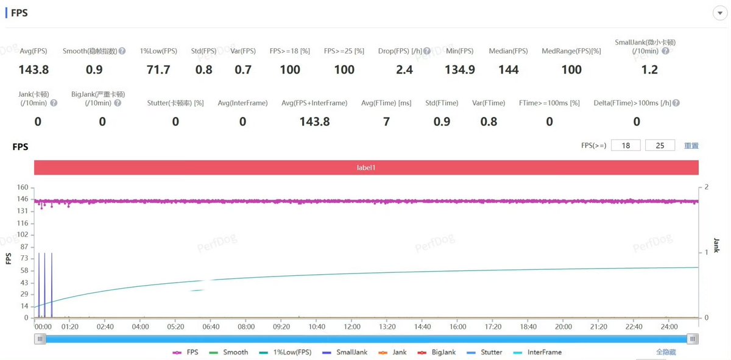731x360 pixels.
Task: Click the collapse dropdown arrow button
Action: [719, 13]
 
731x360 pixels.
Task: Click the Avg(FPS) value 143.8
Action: [34, 69]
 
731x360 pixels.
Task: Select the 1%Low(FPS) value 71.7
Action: [158, 69]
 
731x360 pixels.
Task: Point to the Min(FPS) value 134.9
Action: [460, 69]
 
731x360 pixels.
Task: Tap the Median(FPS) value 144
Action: [509, 69]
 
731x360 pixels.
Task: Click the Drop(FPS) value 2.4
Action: [404, 69]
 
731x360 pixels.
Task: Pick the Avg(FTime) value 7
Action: [386, 121]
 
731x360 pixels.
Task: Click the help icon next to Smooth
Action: [122, 51]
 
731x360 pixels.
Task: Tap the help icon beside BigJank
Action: [118, 103]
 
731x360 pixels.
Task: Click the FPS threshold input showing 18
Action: [626, 146]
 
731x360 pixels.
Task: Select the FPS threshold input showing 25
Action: [660, 146]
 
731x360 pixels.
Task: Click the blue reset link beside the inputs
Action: [691, 146]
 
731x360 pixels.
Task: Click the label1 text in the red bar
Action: [366, 168]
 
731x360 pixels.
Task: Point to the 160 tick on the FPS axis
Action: [23, 187]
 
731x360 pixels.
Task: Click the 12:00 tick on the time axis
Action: [352, 326]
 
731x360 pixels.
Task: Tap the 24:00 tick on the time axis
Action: [669, 326]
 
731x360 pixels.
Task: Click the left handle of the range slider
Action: [40, 339]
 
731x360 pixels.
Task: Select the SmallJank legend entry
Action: [345, 352]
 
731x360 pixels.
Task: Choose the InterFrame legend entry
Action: [537, 352]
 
